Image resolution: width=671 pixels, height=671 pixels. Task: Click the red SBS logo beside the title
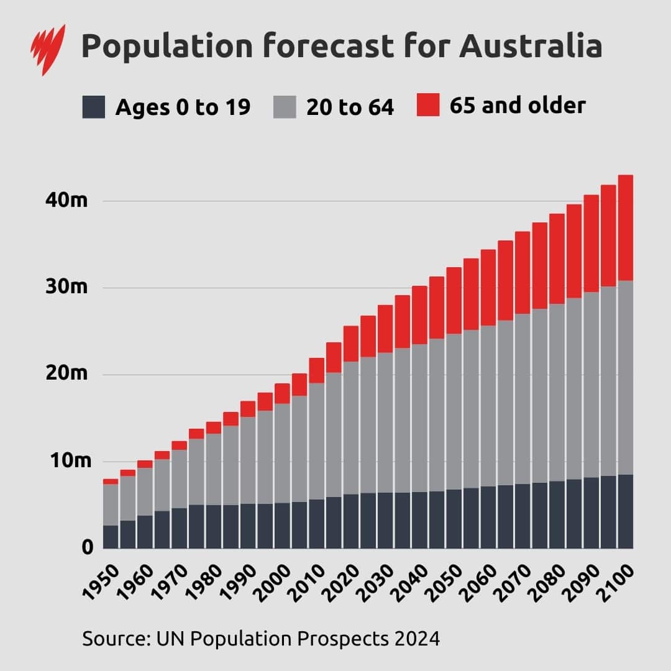(48, 49)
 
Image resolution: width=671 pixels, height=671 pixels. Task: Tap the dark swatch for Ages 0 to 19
(93, 107)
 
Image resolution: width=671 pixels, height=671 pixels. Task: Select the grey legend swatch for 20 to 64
(284, 107)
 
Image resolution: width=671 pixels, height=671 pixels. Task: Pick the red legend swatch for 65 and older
(427, 105)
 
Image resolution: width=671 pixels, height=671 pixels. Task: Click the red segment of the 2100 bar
(625, 227)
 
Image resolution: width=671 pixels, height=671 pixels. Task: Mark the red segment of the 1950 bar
(111, 482)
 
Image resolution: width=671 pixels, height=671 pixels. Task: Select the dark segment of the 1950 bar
(111, 537)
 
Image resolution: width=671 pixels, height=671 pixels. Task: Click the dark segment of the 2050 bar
(454, 519)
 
